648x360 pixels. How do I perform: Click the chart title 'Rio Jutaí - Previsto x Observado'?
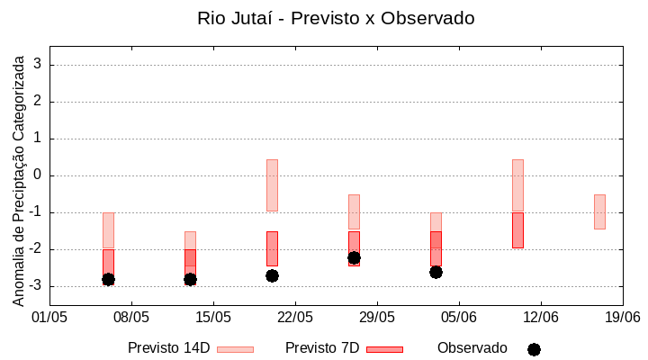336,18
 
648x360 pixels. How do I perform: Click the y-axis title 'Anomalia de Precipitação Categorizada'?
18,179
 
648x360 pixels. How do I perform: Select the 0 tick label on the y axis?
38,175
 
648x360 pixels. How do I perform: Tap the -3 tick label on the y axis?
34,286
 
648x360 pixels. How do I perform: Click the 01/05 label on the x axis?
49,317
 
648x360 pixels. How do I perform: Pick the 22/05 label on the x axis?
295,317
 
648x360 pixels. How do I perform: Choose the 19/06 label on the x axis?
622,317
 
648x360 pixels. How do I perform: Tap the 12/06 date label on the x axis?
540,317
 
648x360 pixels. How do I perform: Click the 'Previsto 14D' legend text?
168,348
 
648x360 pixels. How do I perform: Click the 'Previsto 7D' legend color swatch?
384,349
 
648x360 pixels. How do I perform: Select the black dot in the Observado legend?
534,349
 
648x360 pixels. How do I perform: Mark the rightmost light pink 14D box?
599,211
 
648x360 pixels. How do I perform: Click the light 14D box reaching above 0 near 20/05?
272,184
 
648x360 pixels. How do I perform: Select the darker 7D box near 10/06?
517,230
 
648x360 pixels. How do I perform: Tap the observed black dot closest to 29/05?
354,258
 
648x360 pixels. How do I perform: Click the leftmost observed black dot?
108,280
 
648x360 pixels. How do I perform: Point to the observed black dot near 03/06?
436,272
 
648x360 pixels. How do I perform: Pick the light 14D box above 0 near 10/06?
517,185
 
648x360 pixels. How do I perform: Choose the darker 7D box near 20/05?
272,248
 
